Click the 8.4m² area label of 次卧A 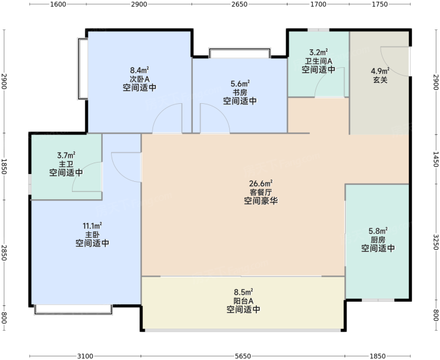tap(139, 70)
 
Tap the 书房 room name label tap(240, 92)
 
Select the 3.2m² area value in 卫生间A tap(319, 52)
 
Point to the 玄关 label tap(380, 80)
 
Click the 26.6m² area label tap(261, 184)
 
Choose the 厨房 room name tap(378, 240)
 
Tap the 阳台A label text tap(243, 301)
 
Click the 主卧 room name tap(92, 235)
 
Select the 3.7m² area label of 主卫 tap(66, 155)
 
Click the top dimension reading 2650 tap(240, 4)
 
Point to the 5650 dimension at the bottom tap(243, 356)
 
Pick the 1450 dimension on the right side tap(436, 159)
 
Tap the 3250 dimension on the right tap(436, 242)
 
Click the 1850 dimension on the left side tap(4, 166)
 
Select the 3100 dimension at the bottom tap(85, 356)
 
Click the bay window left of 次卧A tap(82, 69)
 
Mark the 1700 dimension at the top tap(318, 4)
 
